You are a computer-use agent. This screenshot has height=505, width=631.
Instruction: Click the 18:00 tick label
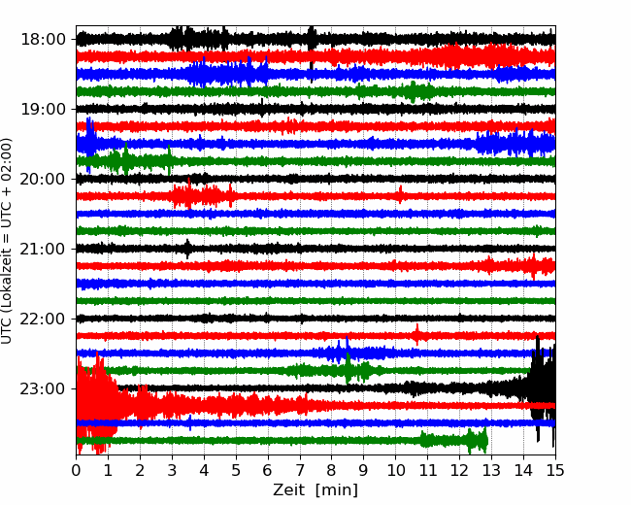click(43, 40)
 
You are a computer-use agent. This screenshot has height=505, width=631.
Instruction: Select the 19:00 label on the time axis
click(43, 109)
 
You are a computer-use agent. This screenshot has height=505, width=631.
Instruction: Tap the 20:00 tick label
click(43, 179)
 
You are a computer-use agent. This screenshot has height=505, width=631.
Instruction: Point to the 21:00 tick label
click(43, 249)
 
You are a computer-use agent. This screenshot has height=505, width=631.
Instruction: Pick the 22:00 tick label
click(43, 319)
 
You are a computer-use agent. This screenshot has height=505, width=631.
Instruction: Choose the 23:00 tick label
click(43, 388)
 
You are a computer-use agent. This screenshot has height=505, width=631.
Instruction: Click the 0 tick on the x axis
click(76, 470)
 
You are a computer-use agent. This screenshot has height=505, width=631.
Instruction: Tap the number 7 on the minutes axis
click(300, 470)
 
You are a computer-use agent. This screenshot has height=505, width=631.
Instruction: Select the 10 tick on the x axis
click(395, 470)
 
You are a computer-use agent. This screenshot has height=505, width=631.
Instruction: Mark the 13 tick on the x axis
click(491, 470)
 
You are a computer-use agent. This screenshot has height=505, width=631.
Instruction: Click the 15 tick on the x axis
click(555, 470)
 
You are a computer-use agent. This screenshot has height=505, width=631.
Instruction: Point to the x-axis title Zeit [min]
click(315, 490)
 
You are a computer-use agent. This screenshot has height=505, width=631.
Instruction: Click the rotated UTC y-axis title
click(7, 241)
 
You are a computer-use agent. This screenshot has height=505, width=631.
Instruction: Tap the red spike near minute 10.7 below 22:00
click(416, 335)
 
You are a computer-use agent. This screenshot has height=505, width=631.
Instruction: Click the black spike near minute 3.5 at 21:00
click(187, 249)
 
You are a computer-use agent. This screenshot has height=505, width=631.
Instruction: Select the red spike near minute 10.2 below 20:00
click(400, 195)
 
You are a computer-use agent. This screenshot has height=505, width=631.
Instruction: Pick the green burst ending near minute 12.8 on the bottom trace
click(454, 441)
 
